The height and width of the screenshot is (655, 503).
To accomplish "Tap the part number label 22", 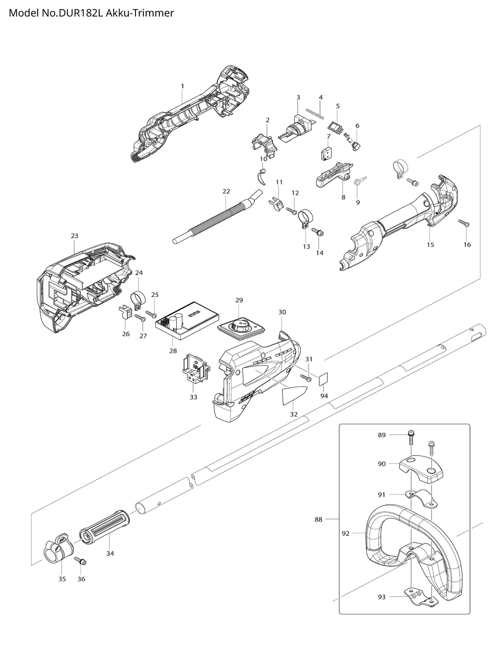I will click(226, 191).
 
